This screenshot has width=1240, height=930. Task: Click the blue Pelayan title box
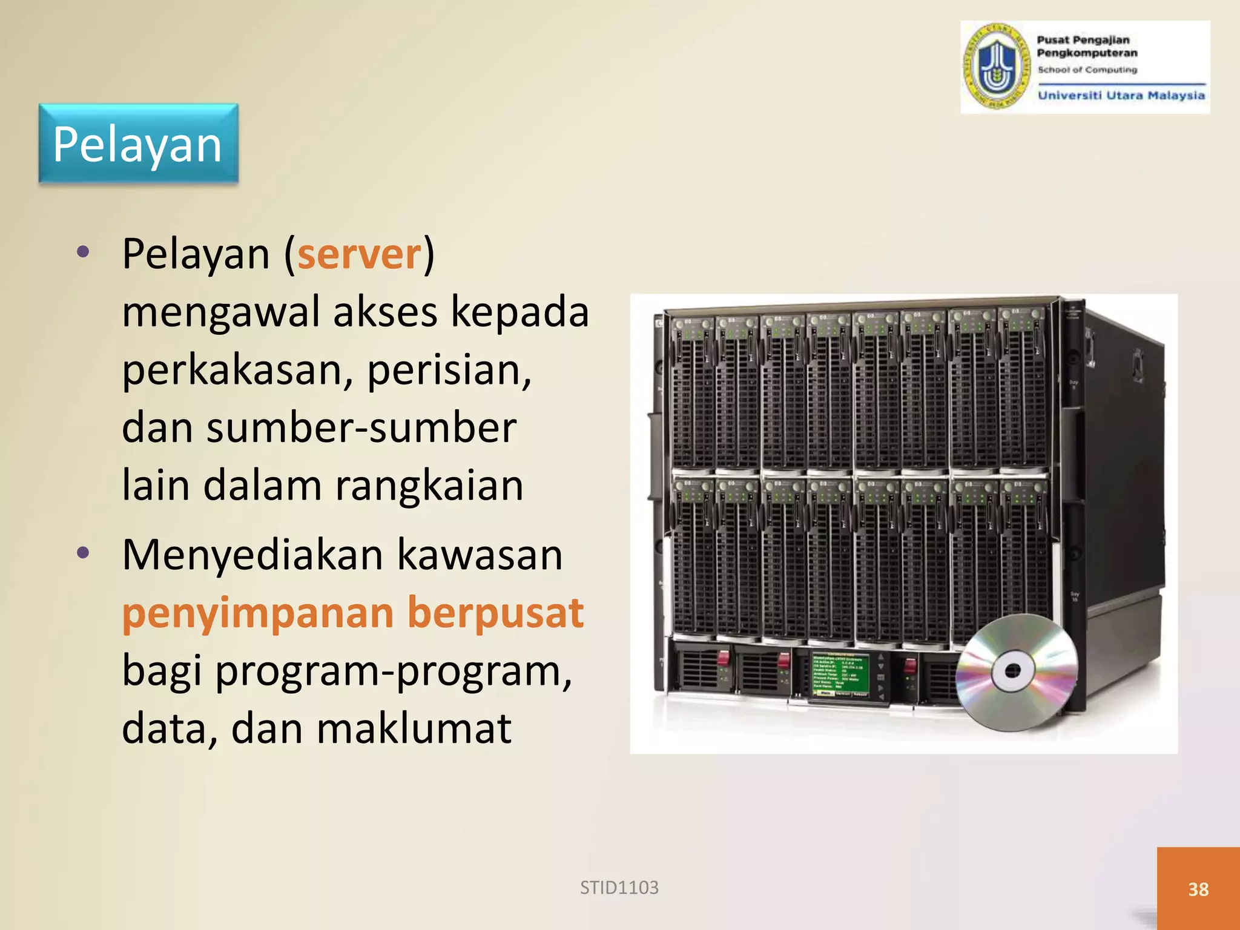point(138,143)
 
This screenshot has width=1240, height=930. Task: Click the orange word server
point(359,254)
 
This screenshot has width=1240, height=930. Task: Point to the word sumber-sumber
point(361,427)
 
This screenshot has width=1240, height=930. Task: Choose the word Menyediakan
point(252,555)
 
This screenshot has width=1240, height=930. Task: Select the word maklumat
point(414,728)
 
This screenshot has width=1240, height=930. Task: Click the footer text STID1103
point(619,888)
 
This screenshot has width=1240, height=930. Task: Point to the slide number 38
point(1198,889)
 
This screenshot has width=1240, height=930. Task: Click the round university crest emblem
point(997,67)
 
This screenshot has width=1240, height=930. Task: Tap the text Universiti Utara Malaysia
point(1121,95)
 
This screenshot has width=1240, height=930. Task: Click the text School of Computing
point(1087,70)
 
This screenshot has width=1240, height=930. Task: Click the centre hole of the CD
point(1012,670)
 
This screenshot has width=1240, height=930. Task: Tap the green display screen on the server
point(840,674)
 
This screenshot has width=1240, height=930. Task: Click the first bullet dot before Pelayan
point(84,251)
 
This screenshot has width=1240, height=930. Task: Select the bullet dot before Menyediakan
point(84,552)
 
